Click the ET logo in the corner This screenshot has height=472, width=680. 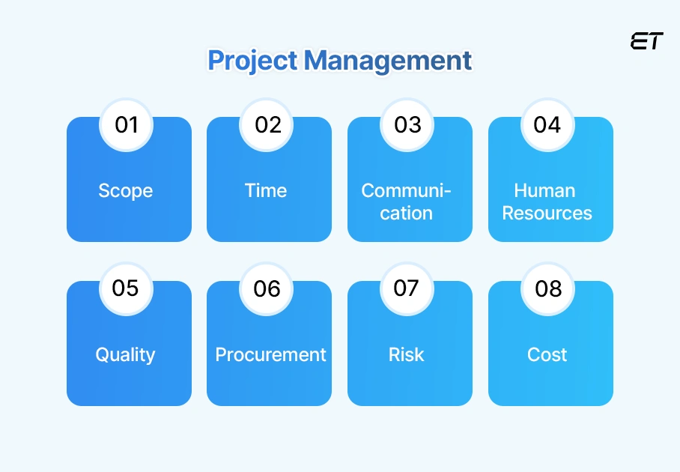coord(646,42)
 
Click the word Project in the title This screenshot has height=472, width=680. coord(252,61)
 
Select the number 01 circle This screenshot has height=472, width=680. coord(127,124)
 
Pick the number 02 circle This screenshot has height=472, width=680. coord(267,124)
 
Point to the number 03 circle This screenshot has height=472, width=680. coord(407,124)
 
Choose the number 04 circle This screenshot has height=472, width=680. coord(547,124)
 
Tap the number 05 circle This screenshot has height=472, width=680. coord(127,288)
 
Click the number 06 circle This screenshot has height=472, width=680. coord(267,288)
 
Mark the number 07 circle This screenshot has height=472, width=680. coord(407,288)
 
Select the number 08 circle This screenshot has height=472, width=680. coord(547,288)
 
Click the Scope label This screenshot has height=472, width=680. coord(126,191)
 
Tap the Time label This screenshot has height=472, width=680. coord(266,191)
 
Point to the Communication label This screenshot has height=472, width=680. coord(407,202)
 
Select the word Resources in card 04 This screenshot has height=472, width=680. coord(547,214)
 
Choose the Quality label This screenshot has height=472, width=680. coord(125,355)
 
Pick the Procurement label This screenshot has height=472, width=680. coord(270,355)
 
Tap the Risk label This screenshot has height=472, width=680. coord(407,355)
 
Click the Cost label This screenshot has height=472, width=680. coord(547,355)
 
